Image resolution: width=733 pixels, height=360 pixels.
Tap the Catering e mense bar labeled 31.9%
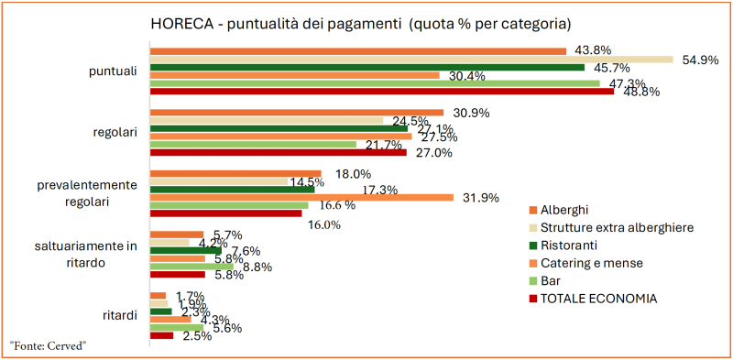[301, 197]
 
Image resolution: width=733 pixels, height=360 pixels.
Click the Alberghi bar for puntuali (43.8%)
[357, 50]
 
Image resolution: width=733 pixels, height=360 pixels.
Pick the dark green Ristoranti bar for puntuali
[366, 67]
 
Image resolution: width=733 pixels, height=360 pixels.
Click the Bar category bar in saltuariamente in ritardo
[191, 266]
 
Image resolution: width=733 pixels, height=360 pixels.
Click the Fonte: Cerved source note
[49, 345]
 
